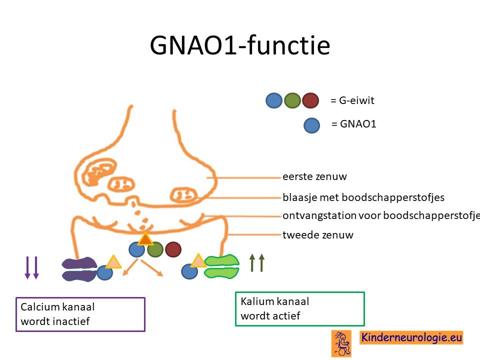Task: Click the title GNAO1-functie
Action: click(x=240, y=45)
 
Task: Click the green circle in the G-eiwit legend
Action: click(x=292, y=100)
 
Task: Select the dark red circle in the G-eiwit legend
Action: click(x=310, y=100)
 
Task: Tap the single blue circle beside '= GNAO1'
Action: click(x=311, y=125)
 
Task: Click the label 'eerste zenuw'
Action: click(x=314, y=176)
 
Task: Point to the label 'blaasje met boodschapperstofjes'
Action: click(x=363, y=197)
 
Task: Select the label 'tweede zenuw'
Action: click(x=318, y=235)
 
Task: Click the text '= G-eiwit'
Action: click(x=352, y=100)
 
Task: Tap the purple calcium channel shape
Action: click(x=79, y=269)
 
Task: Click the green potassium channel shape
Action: click(x=221, y=266)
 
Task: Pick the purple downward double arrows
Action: click(x=32, y=267)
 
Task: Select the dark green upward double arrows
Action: click(x=256, y=262)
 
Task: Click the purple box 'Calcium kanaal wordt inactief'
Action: click(x=80, y=314)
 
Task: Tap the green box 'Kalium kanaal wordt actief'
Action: click(x=300, y=309)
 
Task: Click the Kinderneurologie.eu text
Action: click(x=411, y=337)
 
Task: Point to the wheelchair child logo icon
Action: click(x=341, y=343)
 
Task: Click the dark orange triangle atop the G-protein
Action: click(x=145, y=239)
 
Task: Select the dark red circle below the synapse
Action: click(x=173, y=249)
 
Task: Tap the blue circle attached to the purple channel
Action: click(x=105, y=272)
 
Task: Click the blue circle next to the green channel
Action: click(x=189, y=271)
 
